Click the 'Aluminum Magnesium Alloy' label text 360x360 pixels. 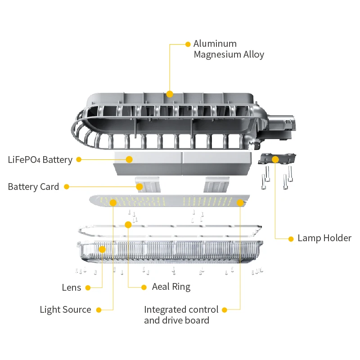(228, 49)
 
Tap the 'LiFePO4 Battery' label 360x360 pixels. (40, 160)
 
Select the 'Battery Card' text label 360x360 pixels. (33, 187)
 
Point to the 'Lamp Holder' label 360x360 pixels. (324, 238)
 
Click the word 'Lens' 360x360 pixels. (72, 288)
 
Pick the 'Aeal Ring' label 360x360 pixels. (171, 287)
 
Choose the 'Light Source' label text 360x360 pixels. (65, 310)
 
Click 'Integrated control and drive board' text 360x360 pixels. (181, 315)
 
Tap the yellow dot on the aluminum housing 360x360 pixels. (170, 94)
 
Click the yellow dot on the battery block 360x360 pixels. (129, 159)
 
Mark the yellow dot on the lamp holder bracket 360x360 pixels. (275, 159)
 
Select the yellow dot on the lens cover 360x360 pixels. (102, 249)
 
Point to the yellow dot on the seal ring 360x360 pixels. (128, 225)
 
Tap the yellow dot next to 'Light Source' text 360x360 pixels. (99, 310)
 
